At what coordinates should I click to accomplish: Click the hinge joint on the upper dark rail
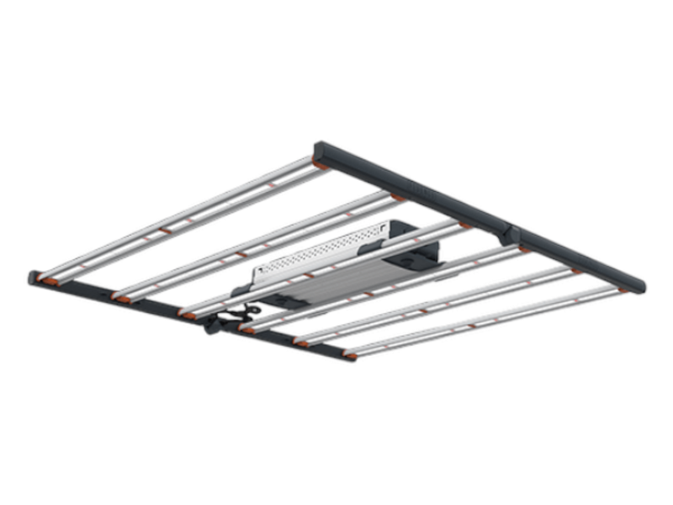(x=510, y=230)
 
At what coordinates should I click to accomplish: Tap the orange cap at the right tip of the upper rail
(x=624, y=290)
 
